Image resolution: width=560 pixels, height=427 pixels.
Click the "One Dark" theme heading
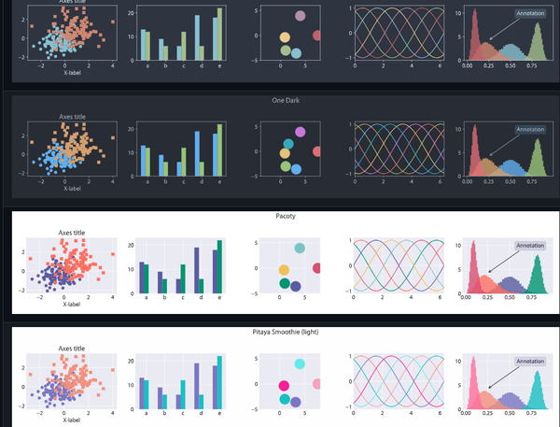[x=285, y=100]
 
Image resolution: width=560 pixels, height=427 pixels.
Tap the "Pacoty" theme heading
[x=285, y=216]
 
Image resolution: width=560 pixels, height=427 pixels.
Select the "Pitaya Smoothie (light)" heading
[x=285, y=333]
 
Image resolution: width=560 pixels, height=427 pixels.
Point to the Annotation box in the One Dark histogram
[x=529, y=130]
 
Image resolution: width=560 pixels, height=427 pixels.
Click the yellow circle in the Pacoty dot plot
[x=284, y=269]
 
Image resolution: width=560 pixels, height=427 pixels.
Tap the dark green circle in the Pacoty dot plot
[x=284, y=282]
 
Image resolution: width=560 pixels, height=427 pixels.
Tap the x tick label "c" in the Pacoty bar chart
[x=182, y=299]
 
